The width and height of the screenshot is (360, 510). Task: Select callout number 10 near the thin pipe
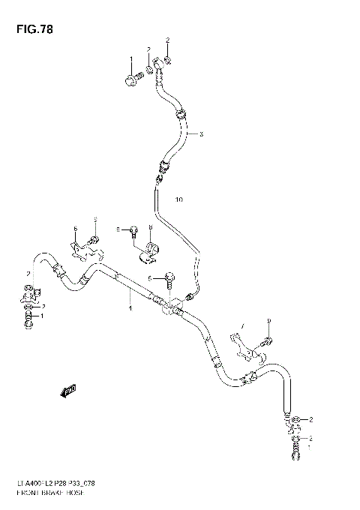pos(178,199)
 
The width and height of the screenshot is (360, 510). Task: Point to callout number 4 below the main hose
pos(130,308)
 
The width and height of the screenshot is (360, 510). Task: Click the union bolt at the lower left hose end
pos(29,320)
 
